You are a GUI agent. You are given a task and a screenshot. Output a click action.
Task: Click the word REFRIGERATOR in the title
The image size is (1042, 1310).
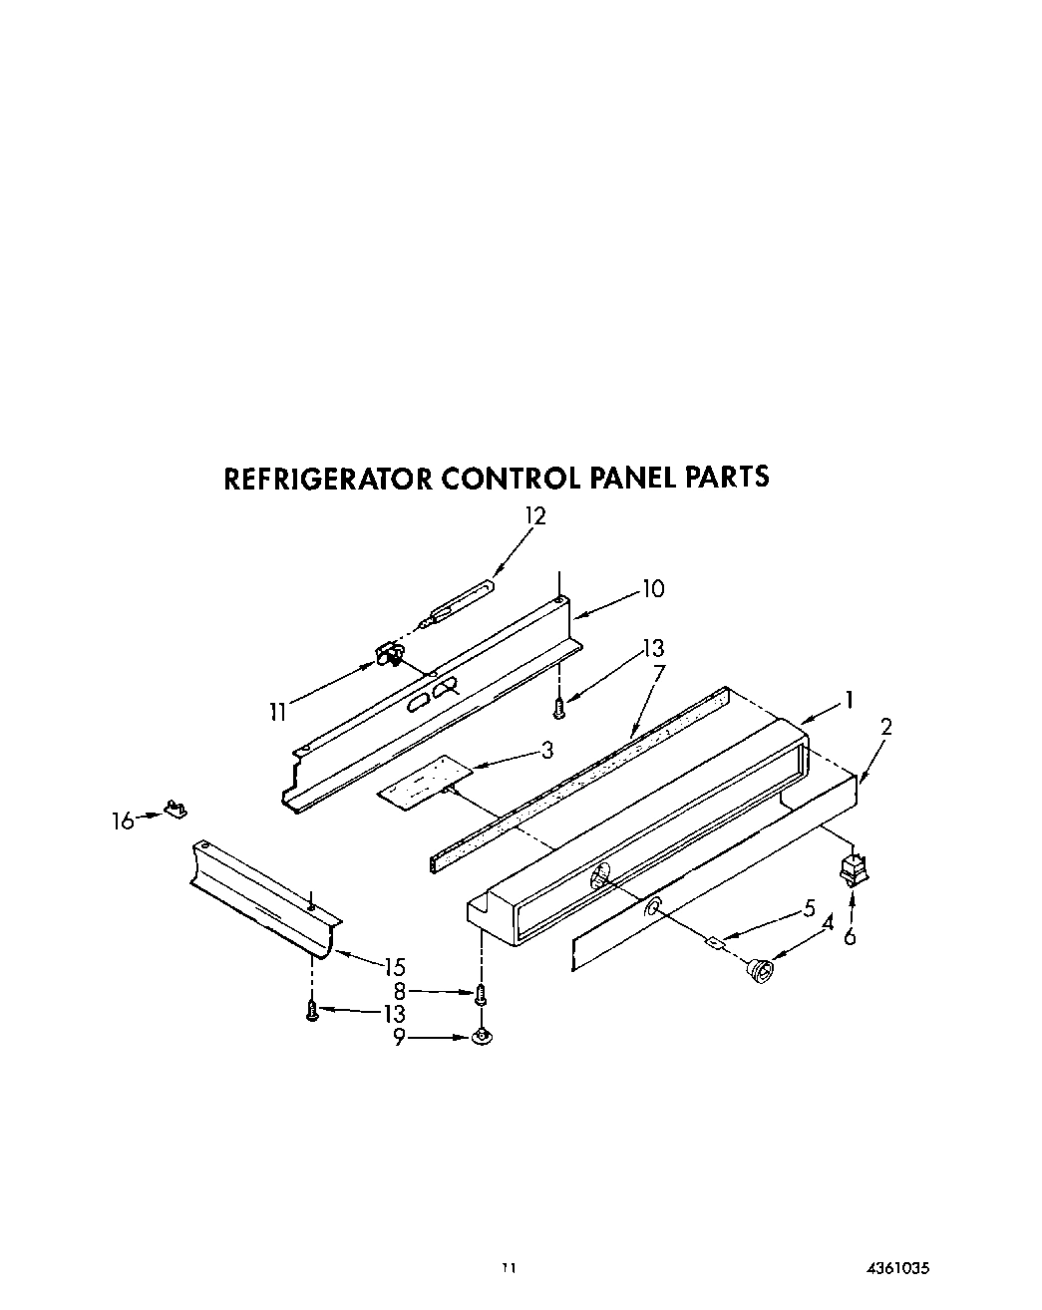click(x=327, y=479)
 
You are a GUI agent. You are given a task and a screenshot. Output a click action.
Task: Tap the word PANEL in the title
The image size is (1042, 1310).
click(x=633, y=478)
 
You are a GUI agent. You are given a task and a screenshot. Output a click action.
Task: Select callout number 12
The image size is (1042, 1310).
click(x=535, y=516)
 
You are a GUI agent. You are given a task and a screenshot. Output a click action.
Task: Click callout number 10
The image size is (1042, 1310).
click(x=652, y=588)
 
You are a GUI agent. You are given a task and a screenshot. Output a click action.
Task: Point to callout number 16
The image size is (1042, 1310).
click(x=123, y=820)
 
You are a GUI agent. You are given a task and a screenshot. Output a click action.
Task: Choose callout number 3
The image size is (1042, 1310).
click(x=546, y=750)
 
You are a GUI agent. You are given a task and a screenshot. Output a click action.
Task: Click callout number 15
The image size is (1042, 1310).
click(x=394, y=966)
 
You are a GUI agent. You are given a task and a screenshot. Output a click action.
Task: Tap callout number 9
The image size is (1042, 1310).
click(x=398, y=1038)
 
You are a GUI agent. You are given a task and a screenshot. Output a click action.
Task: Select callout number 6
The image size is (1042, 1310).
click(x=850, y=936)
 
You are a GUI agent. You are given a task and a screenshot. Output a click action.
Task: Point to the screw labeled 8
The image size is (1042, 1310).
click(x=480, y=994)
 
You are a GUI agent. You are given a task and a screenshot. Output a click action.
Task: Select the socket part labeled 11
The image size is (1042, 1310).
click(x=390, y=654)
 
